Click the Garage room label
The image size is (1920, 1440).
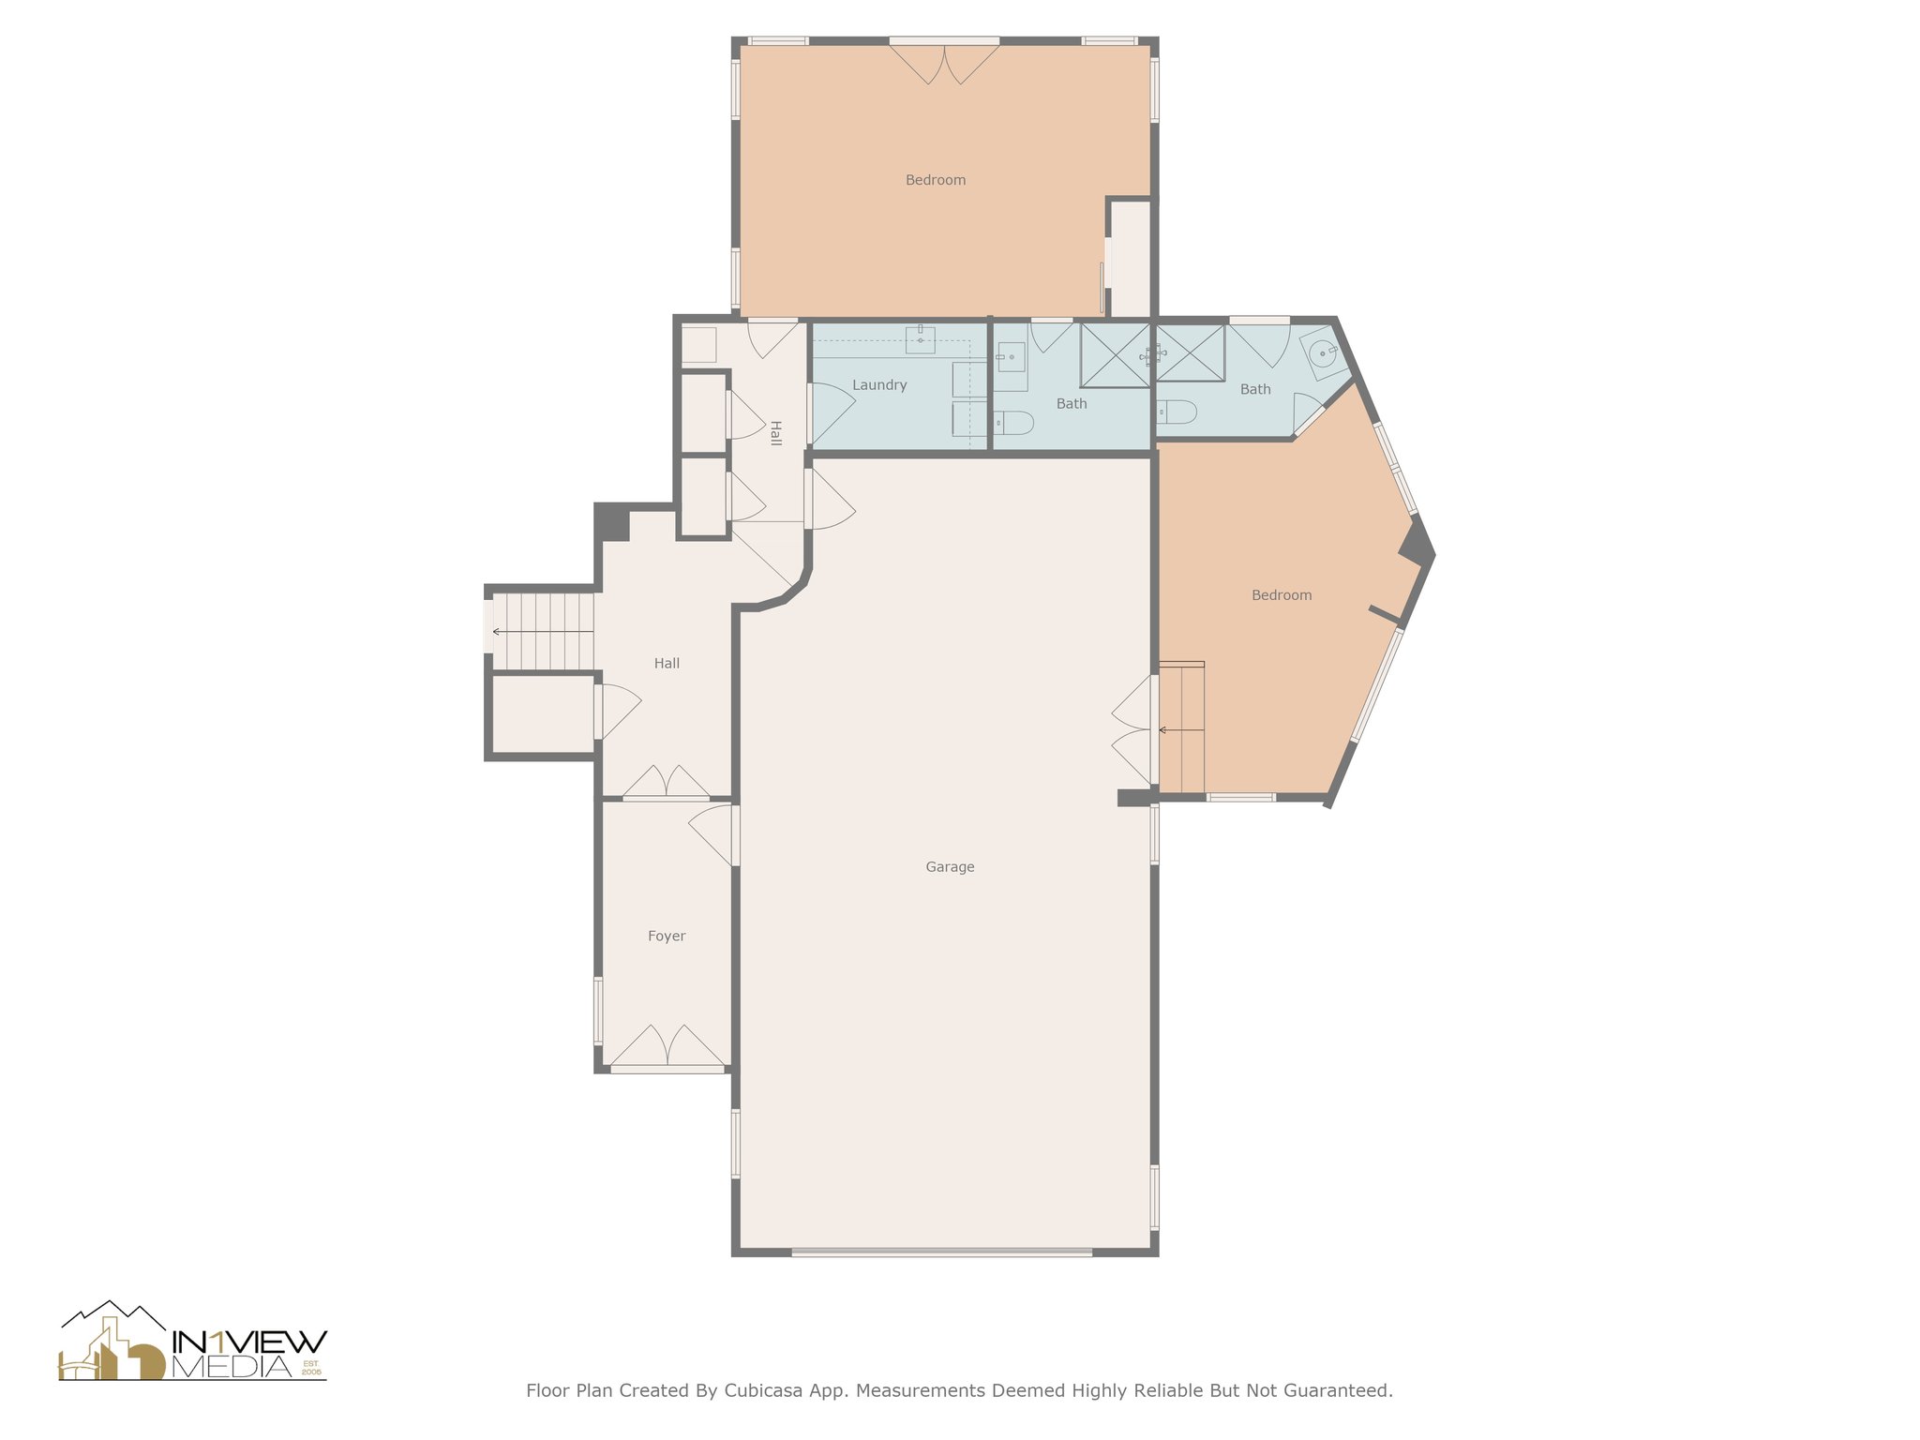click(x=950, y=867)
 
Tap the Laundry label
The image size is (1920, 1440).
click(x=879, y=385)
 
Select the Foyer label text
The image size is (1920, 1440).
click(x=667, y=937)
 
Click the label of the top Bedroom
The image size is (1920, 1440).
click(x=935, y=180)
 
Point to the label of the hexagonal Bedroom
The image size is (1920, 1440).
click(x=1281, y=595)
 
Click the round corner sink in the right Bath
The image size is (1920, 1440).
click(x=1322, y=353)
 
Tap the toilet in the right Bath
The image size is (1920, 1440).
click(x=1177, y=412)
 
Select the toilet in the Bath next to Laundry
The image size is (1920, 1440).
click(x=1012, y=424)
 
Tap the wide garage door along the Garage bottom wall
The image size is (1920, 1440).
click(x=941, y=1252)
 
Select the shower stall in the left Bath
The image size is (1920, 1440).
click(x=1115, y=355)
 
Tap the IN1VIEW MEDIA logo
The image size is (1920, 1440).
click(x=193, y=1343)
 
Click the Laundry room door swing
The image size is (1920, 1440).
click(x=830, y=412)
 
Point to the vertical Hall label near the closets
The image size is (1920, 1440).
click(x=775, y=433)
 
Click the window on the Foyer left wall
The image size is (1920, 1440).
click(x=598, y=1011)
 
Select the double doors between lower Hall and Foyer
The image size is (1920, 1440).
click(x=667, y=784)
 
